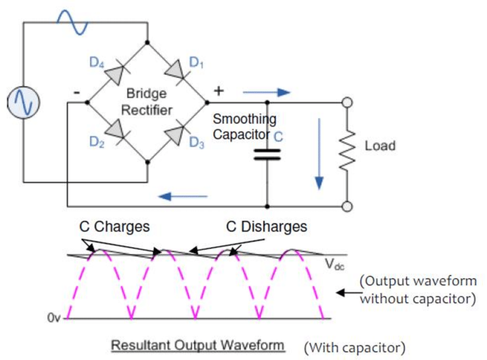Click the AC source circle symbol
tap(23, 102)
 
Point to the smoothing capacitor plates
tap(267, 155)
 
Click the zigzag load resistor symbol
tap(347, 150)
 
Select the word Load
tap(380, 146)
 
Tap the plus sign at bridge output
tap(219, 91)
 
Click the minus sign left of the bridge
tap(77, 92)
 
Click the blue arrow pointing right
tap(266, 92)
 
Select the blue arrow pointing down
tap(319, 154)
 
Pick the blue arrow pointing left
tap(183, 196)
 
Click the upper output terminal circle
tap(347, 102)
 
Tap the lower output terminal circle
tap(347, 206)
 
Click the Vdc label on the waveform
tap(335, 265)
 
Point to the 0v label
tap(53, 318)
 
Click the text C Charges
tap(114, 226)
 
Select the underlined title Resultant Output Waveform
tap(198, 346)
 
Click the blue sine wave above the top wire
tap(72, 22)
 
